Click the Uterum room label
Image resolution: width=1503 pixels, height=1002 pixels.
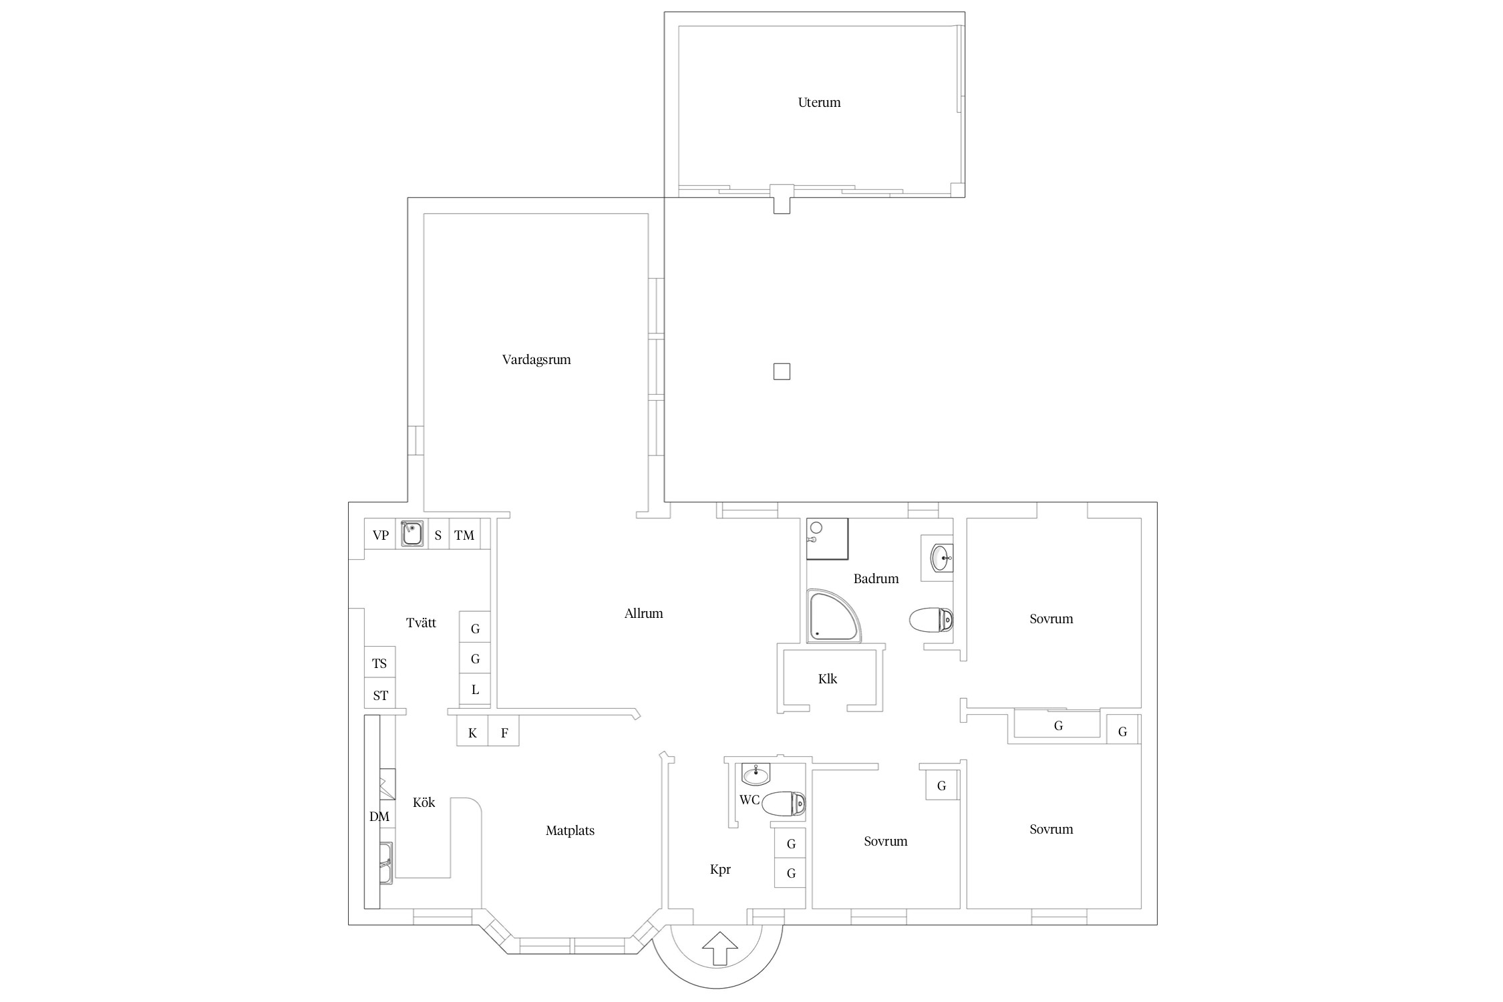click(x=819, y=103)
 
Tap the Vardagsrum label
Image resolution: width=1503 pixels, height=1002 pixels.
click(x=536, y=360)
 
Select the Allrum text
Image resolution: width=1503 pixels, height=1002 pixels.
click(x=643, y=613)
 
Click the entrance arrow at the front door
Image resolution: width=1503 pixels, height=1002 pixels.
click(x=720, y=948)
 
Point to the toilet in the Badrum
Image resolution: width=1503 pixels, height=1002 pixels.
click(x=931, y=619)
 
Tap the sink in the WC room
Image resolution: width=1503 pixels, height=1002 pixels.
click(x=756, y=774)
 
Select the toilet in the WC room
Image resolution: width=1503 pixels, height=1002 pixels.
click(x=784, y=804)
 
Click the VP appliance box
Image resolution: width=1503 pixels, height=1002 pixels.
click(x=381, y=534)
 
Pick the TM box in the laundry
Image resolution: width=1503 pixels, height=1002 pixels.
click(x=464, y=534)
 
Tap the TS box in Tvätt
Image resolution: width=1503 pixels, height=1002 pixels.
click(x=379, y=663)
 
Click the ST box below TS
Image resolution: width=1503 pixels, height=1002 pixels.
click(x=379, y=694)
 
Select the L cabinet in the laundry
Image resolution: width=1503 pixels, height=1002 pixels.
click(x=475, y=689)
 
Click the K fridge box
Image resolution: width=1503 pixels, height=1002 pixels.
click(x=472, y=733)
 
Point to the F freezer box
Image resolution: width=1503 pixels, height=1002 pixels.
click(x=504, y=733)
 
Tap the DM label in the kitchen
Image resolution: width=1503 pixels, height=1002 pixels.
click(x=379, y=816)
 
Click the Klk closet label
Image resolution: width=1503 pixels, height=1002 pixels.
click(x=828, y=679)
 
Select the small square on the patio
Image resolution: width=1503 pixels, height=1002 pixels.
click(x=782, y=371)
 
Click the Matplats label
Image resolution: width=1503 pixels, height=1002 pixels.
click(x=570, y=831)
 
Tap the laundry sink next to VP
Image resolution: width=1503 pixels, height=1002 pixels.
click(x=412, y=534)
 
